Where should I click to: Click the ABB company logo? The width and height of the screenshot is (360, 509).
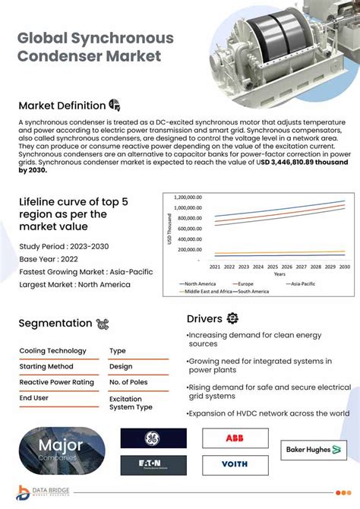235,438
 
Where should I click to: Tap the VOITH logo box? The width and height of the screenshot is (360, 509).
235,463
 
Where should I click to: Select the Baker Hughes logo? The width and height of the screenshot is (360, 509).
308,450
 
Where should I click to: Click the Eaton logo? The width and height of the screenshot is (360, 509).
153,463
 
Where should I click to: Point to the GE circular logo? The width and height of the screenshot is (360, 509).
153,438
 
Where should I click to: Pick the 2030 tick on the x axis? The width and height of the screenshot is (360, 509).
344,267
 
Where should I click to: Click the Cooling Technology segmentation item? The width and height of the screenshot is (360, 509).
52,351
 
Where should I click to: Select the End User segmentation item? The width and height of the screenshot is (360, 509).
35,397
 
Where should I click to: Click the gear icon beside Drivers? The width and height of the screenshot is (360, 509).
233,318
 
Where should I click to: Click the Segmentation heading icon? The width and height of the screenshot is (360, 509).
103,324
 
